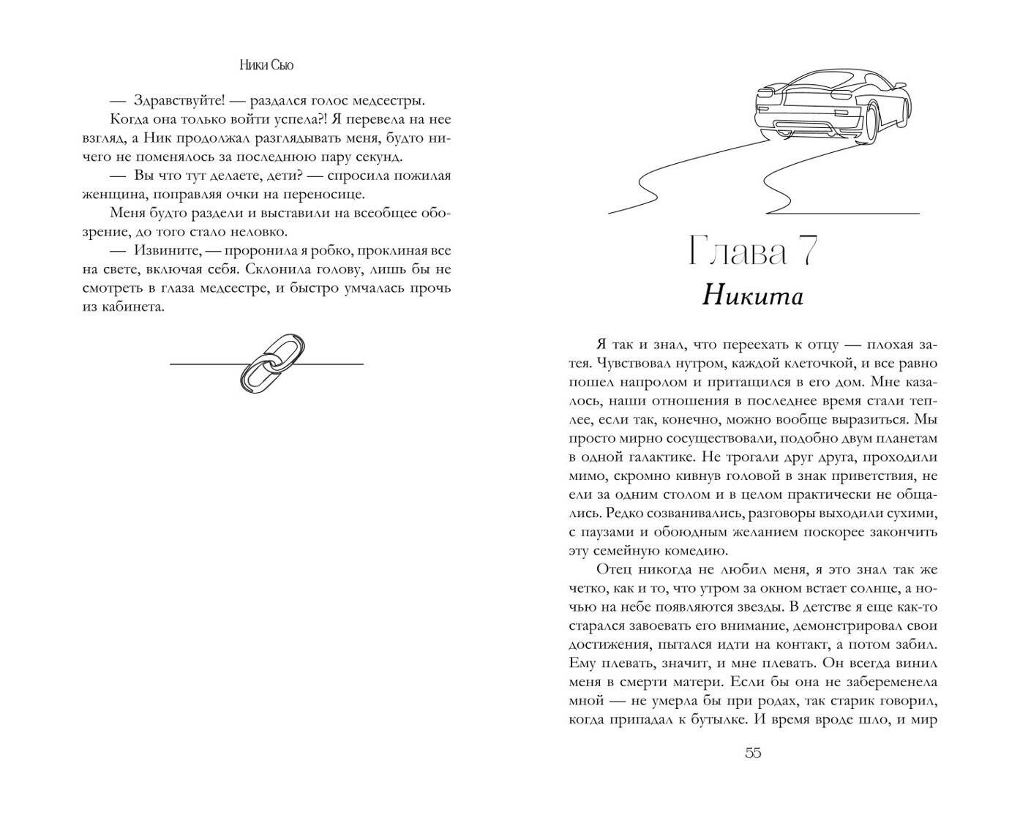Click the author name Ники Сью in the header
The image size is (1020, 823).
266,65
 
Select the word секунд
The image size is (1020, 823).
377,157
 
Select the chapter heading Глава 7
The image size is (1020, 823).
752,252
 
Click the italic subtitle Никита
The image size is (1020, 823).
752,296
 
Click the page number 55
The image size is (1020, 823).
753,753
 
